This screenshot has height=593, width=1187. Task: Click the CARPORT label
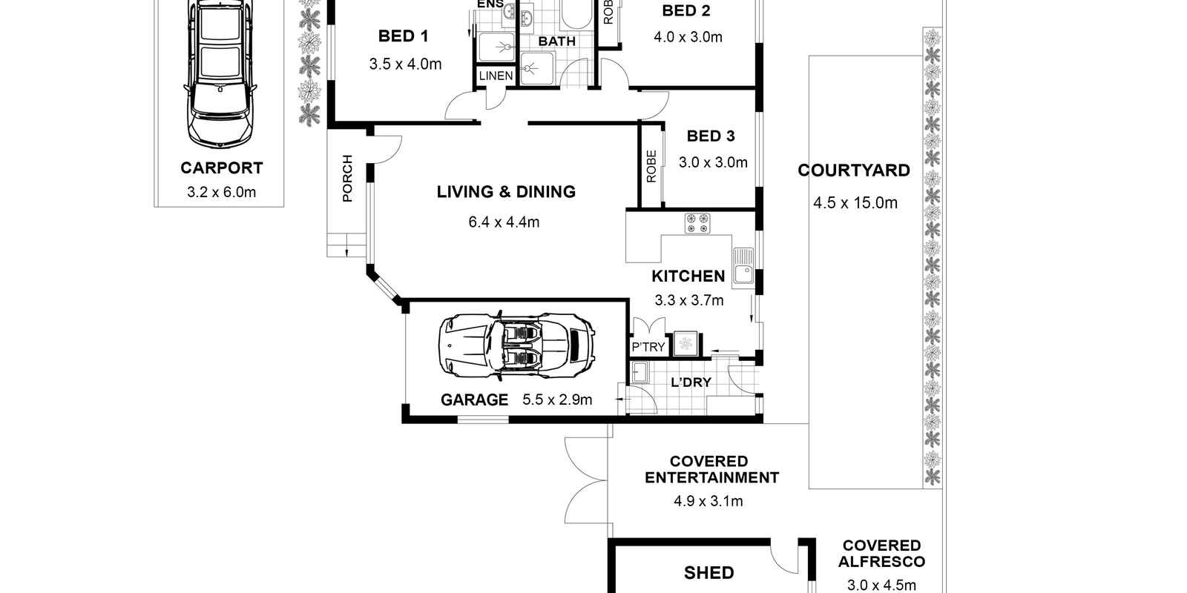coord(221,168)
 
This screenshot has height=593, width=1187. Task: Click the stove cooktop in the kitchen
coord(697,223)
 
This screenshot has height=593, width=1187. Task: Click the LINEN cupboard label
coord(496,76)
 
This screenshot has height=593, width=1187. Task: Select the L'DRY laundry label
coord(690,382)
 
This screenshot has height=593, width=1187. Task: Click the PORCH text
coord(347,178)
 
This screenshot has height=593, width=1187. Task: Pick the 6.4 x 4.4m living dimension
coord(504,222)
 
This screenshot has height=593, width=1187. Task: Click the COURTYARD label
coord(853,170)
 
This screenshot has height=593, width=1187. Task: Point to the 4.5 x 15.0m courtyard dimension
coord(855,203)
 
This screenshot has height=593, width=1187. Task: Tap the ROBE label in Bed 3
coord(651,167)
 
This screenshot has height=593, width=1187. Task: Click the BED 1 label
coord(403,36)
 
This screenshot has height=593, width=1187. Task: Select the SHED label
coord(708,572)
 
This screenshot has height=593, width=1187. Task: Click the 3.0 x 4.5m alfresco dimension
coord(881,585)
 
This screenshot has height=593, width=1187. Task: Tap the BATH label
coord(556,42)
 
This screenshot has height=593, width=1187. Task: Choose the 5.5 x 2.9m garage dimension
coord(557,400)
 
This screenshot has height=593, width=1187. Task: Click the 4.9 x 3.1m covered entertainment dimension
coord(708,501)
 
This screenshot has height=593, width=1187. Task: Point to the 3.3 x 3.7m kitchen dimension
coord(688,300)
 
